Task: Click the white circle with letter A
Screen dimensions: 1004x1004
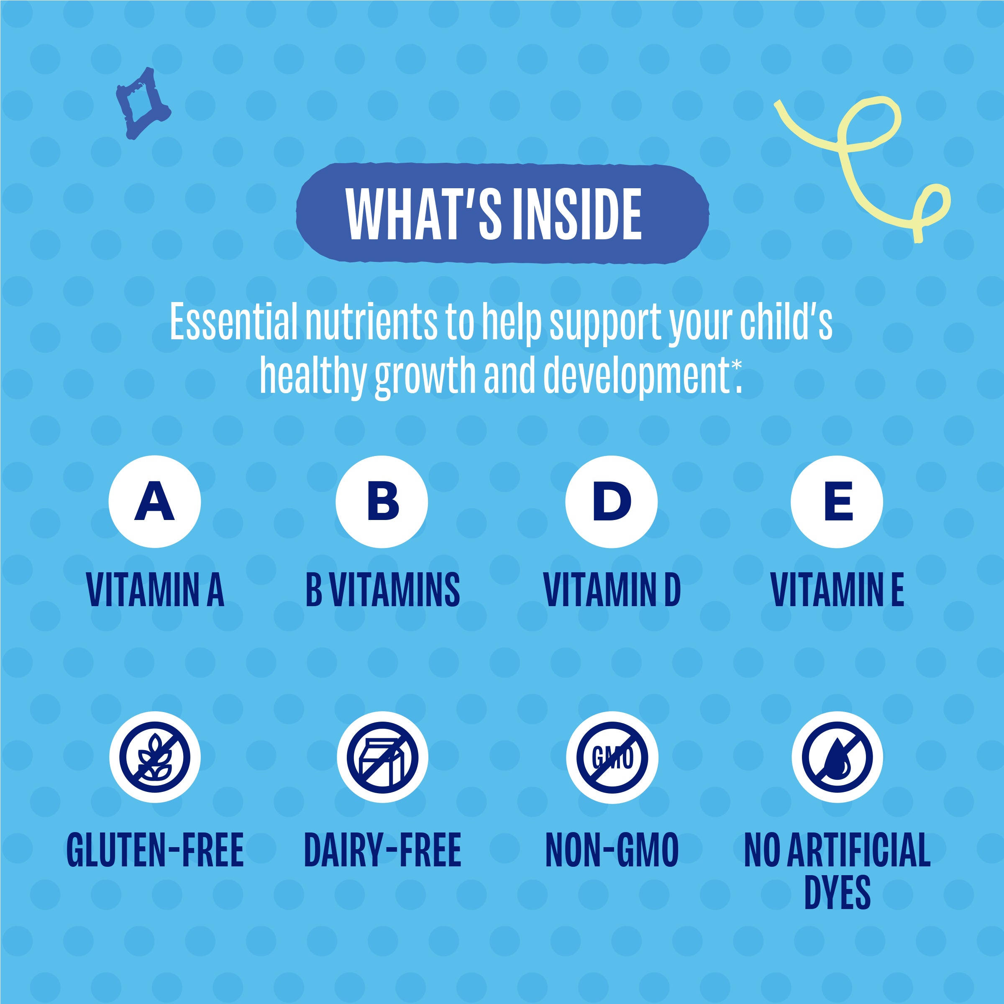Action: [154, 502]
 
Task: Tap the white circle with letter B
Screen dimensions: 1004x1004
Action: [382, 502]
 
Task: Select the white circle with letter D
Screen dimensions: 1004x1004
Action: [612, 502]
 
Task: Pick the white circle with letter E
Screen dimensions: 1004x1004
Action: [837, 502]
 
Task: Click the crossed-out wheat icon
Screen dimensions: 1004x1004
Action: [154, 757]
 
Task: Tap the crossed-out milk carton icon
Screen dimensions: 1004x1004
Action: [382, 757]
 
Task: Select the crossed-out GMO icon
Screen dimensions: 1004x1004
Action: [612, 757]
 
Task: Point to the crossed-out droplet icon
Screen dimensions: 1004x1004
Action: [837, 757]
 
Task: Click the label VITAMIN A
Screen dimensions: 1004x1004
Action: [155, 590]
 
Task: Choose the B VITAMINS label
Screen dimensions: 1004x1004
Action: [382, 590]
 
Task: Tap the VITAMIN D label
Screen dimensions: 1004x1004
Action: [612, 590]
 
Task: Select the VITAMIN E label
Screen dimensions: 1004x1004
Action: [837, 590]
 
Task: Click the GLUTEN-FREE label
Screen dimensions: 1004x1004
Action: [155, 850]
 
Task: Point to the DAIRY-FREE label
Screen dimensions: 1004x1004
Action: [382, 850]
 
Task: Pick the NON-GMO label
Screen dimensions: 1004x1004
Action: [612, 850]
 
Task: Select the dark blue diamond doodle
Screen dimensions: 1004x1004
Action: [142, 103]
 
